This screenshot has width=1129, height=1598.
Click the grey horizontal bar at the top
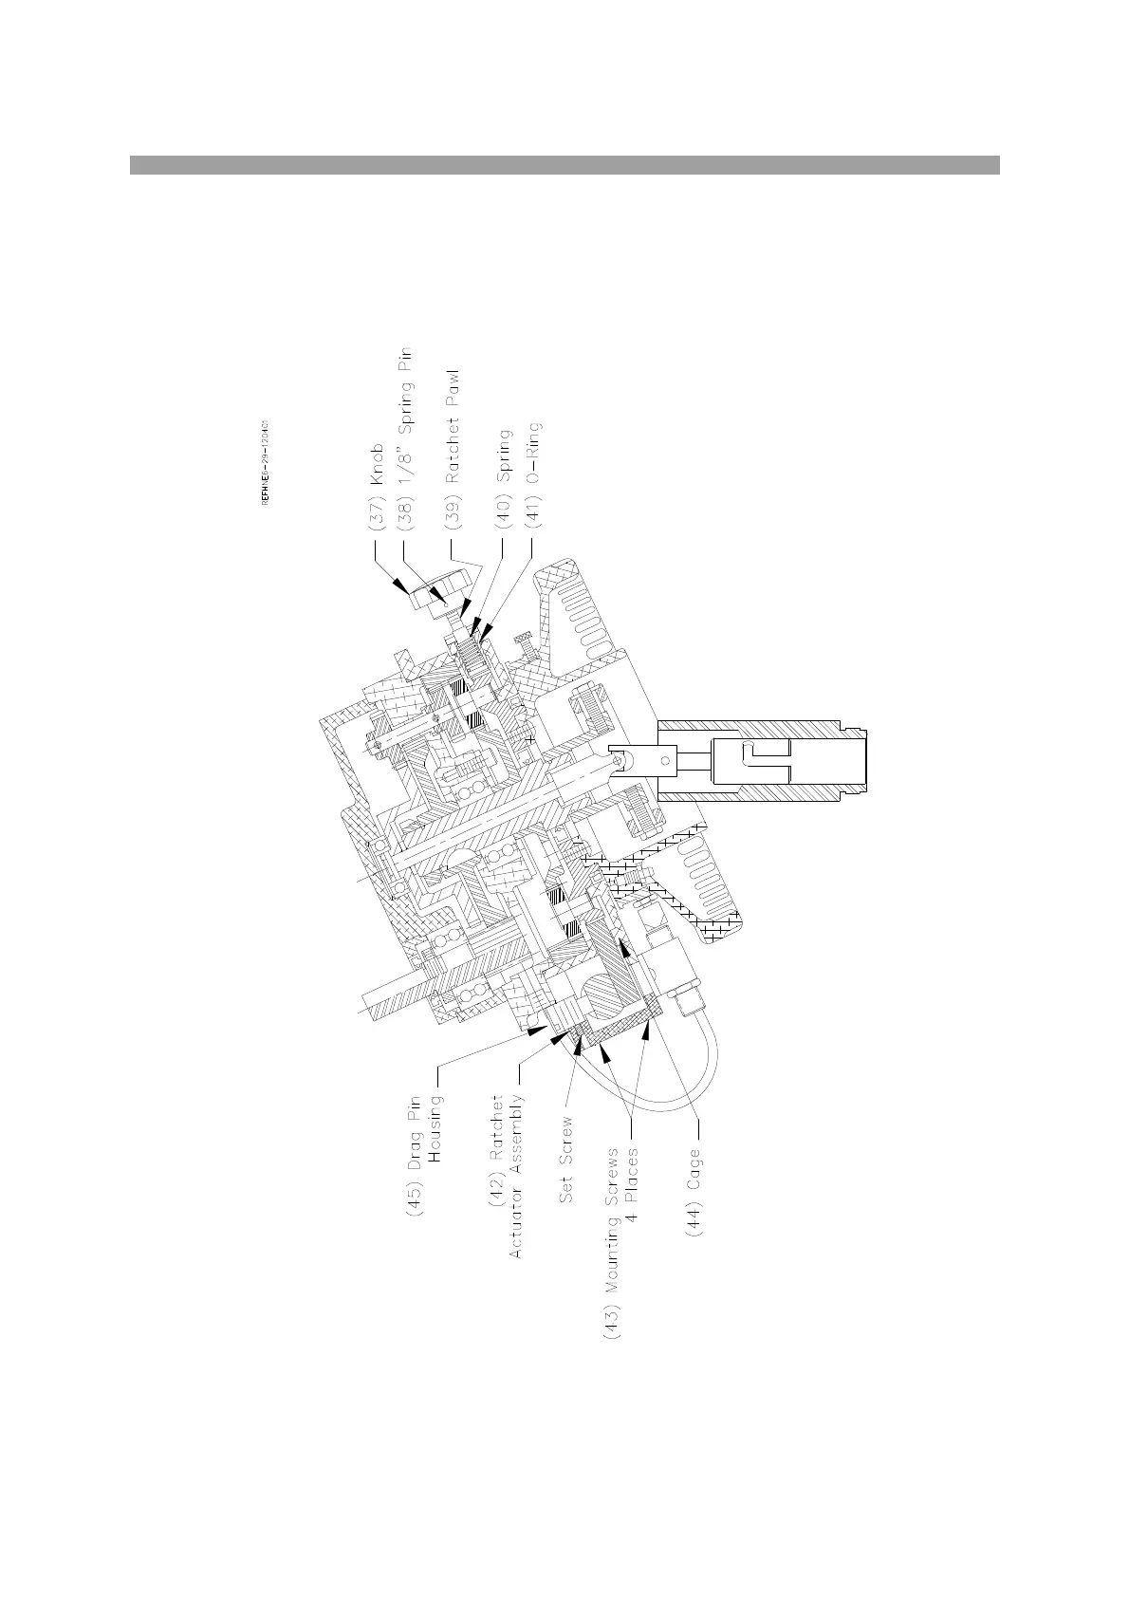tap(564, 165)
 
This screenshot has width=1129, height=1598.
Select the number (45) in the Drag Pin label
tap(416, 1198)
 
